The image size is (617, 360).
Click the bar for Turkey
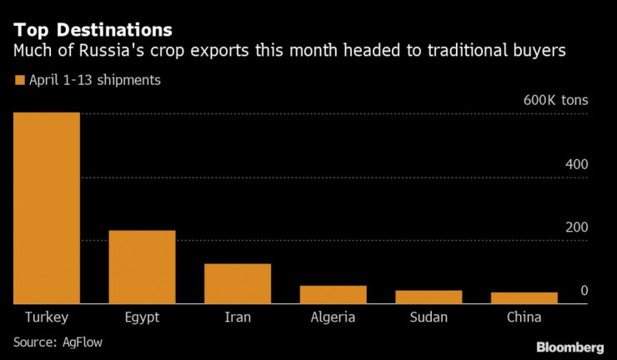pos(47,208)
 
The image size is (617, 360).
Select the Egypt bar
pos(142,267)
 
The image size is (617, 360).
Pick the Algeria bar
pos(333,294)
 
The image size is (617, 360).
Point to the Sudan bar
pos(428,297)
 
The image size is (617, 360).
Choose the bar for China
pos(524,297)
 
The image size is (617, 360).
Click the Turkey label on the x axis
pos(47,317)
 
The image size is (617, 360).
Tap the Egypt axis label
pos(142,318)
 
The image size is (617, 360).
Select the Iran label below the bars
pos(238,317)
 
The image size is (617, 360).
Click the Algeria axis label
pos(333,318)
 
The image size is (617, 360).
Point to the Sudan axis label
pos(428,317)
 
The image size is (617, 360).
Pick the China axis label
pos(524,317)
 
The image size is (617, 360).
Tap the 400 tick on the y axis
pos(577,164)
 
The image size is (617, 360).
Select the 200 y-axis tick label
pos(577,227)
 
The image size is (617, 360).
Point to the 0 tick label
pos(584,291)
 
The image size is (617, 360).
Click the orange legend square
pos(19,81)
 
